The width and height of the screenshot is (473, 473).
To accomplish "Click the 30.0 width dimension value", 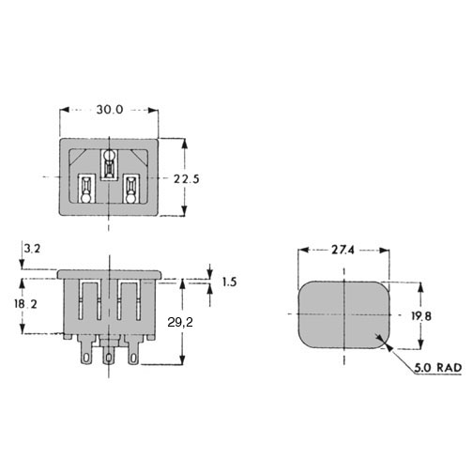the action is pos(110,110).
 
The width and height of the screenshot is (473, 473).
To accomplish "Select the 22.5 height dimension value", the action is pos(187,179).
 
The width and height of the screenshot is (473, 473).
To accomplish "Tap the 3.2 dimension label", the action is pos(33,249).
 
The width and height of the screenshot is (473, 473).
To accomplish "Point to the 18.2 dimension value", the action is pos(25,304).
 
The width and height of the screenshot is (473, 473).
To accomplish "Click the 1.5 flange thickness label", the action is pos(229,282).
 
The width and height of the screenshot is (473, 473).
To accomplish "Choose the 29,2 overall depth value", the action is pos(180,322).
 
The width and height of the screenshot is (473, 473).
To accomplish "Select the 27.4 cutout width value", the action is pos(343,250).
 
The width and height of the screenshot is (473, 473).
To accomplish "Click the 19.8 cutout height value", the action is pos(421,316).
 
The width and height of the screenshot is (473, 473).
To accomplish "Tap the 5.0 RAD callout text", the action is pos(438,368).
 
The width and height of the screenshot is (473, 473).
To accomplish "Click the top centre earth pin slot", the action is pos(109,165).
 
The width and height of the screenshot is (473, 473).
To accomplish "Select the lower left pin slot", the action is pos(85,189).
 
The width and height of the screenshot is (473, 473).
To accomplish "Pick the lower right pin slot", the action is pos(130,189).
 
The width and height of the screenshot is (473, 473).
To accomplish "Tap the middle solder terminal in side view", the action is pos(109,352).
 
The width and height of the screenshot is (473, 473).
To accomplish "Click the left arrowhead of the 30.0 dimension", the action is pos(64,110).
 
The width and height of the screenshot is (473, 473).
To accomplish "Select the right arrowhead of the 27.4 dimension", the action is pos(385,251).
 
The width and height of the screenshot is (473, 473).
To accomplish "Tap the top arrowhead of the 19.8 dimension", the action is pos(421,287).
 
